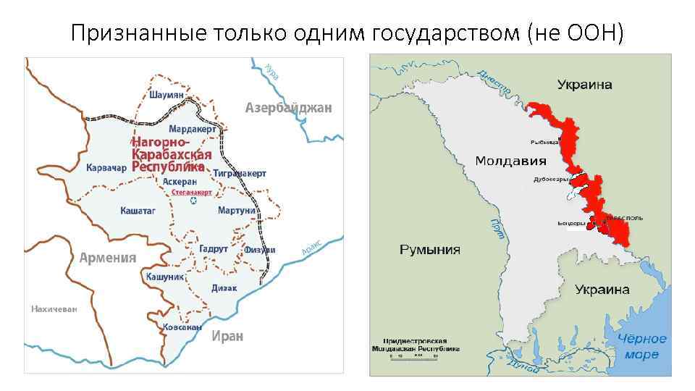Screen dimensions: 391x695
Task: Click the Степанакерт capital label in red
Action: pyautogui.click(x=193, y=193)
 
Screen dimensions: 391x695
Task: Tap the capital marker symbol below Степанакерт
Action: pyautogui.click(x=193, y=201)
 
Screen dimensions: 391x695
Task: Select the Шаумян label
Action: pyautogui.click(x=166, y=94)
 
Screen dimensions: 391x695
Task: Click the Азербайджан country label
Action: pyautogui.click(x=288, y=108)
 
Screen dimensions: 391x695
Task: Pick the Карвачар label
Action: pyautogui.click(x=106, y=168)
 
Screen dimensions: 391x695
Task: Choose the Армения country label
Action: pyautogui.click(x=107, y=257)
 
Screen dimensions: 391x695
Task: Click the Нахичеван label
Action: pyautogui.click(x=54, y=309)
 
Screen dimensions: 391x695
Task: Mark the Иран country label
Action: pyautogui.click(x=227, y=336)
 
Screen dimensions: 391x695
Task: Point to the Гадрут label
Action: pyautogui.click(x=213, y=248)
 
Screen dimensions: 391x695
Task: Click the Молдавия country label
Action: pyautogui.click(x=510, y=161)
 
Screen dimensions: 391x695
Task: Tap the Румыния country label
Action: pyautogui.click(x=430, y=250)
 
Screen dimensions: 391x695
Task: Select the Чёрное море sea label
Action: pyautogui.click(x=642, y=346)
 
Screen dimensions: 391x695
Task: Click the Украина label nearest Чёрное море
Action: pyautogui.click(x=602, y=290)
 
